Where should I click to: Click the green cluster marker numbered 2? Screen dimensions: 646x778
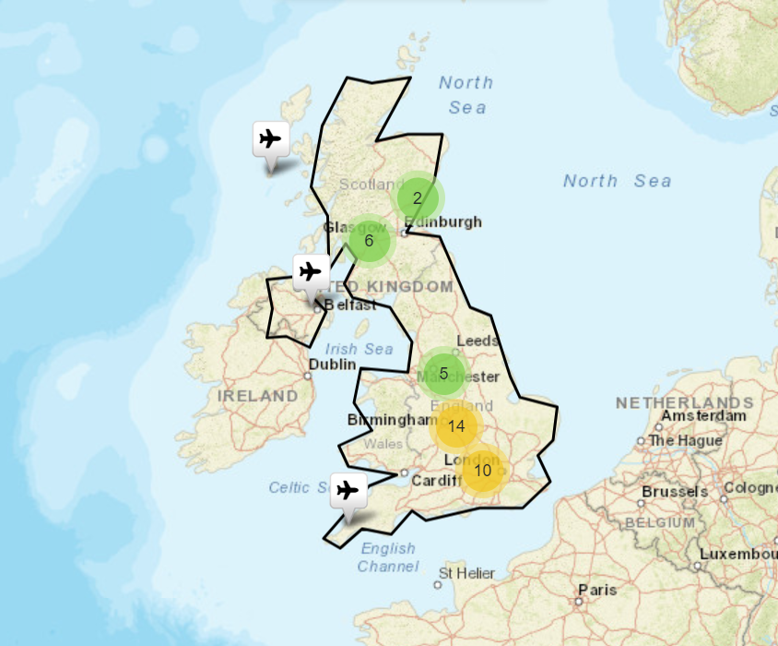(x=417, y=197)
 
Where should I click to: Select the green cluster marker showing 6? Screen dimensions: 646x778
(x=369, y=241)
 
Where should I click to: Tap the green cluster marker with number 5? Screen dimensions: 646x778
(x=443, y=373)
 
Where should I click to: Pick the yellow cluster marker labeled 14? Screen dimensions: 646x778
(x=456, y=425)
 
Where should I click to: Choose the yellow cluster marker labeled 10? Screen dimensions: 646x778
(x=482, y=470)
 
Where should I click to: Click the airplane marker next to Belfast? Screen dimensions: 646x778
(x=312, y=272)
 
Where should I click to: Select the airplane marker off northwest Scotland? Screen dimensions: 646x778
(x=270, y=139)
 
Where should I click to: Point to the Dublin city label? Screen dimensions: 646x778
(x=332, y=365)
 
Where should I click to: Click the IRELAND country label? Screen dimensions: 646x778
(x=258, y=396)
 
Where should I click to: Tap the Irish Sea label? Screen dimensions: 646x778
(x=359, y=349)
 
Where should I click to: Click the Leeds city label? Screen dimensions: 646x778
(x=477, y=341)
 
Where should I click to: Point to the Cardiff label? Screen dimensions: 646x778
(x=435, y=481)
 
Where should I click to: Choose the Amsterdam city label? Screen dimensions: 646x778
(x=704, y=415)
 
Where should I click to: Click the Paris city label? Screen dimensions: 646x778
(x=596, y=589)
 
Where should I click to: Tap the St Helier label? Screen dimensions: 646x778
(x=466, y=574)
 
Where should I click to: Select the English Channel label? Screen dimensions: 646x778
(x=388, y=557)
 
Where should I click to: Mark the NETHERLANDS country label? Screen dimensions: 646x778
(x=684, y=403)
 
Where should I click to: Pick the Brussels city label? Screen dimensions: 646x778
(x=674, y=492)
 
